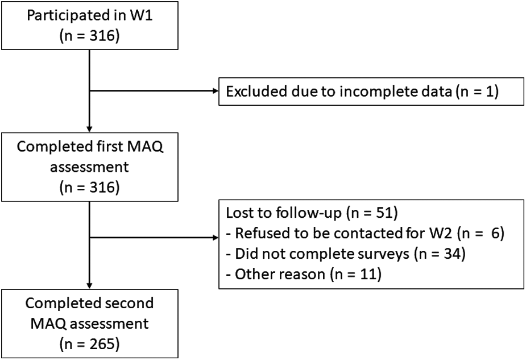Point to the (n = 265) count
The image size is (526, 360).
pyautogui.click(x=89, y=344)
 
